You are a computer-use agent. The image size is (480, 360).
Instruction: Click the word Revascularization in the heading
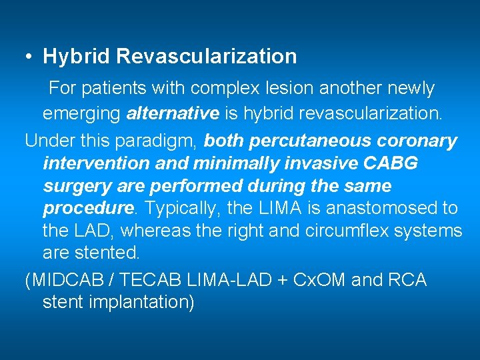pyautogui.click(x=206, y=57)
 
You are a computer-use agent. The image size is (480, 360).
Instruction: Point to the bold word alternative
pyautogui.click(x=173, y=113)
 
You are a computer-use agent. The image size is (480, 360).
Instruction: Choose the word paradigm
pyautogui.click(x=163, y=141)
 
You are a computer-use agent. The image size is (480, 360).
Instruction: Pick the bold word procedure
pyautogui.click(x=87, y=209)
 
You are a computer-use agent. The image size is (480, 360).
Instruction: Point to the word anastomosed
pyautogui.click(x=374, y=209)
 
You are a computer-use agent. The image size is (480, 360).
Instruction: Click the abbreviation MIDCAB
pyautogui.click(x=61, y=280)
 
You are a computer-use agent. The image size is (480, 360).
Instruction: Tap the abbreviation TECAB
pyautogui.click(x=137, y=280)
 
